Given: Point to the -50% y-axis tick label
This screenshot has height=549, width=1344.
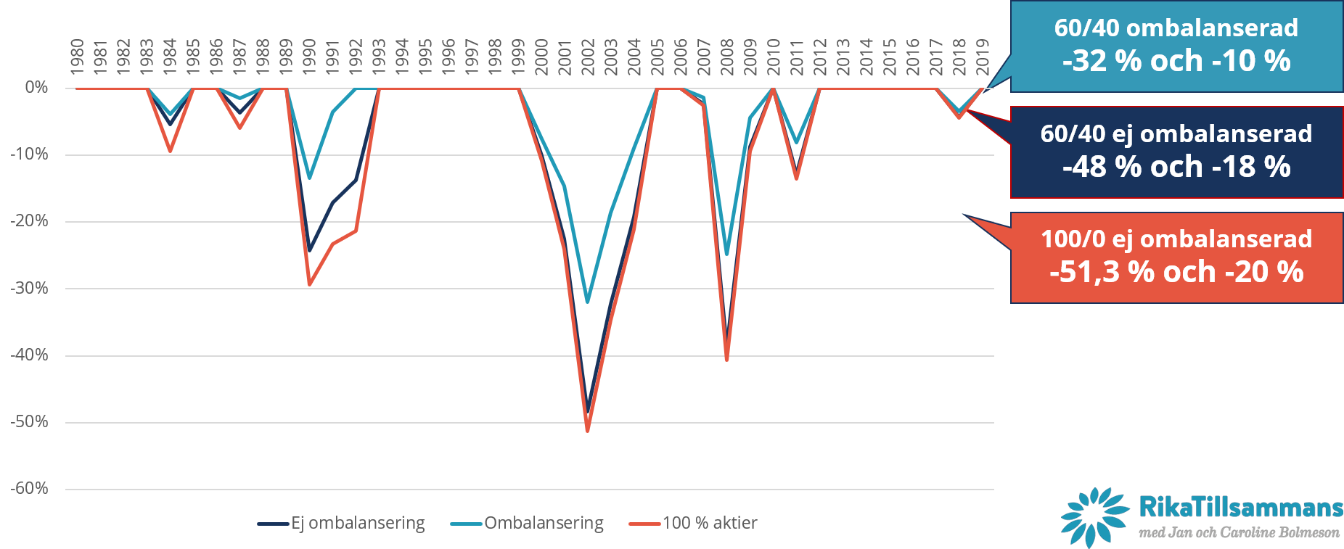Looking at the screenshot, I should (x=29, y=422).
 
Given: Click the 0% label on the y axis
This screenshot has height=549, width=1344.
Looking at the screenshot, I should (x=36, y=88).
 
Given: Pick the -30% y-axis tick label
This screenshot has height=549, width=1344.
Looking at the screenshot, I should (x=29, y=288).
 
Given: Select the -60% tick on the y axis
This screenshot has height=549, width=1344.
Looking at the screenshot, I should (x=29, y=489).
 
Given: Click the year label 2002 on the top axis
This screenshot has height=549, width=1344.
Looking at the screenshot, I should (x=588, y=57).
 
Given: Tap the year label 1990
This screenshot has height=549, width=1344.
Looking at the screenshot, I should (x=309, y=57).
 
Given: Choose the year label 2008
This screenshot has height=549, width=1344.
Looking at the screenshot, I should (x=727, y=57).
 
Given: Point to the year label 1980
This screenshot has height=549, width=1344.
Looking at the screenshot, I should (x=77, y=57).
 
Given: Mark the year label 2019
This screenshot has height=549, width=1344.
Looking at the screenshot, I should (x=983, y=57).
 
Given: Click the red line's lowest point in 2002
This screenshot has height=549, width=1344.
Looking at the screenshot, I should (x=587, y=431).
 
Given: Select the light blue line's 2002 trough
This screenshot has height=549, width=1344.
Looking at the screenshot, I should (x=587, y=302).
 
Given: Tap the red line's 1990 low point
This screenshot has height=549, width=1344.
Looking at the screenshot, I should (x=309, y=285).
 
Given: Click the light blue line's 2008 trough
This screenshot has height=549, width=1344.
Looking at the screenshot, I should (x=726, y=255).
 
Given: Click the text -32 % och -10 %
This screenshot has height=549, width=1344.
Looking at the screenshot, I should (x=1176, y=61).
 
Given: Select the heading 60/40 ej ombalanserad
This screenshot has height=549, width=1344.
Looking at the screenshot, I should (x=1176, y=133).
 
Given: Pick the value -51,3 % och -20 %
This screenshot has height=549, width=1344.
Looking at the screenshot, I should (x=1176, y=272).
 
